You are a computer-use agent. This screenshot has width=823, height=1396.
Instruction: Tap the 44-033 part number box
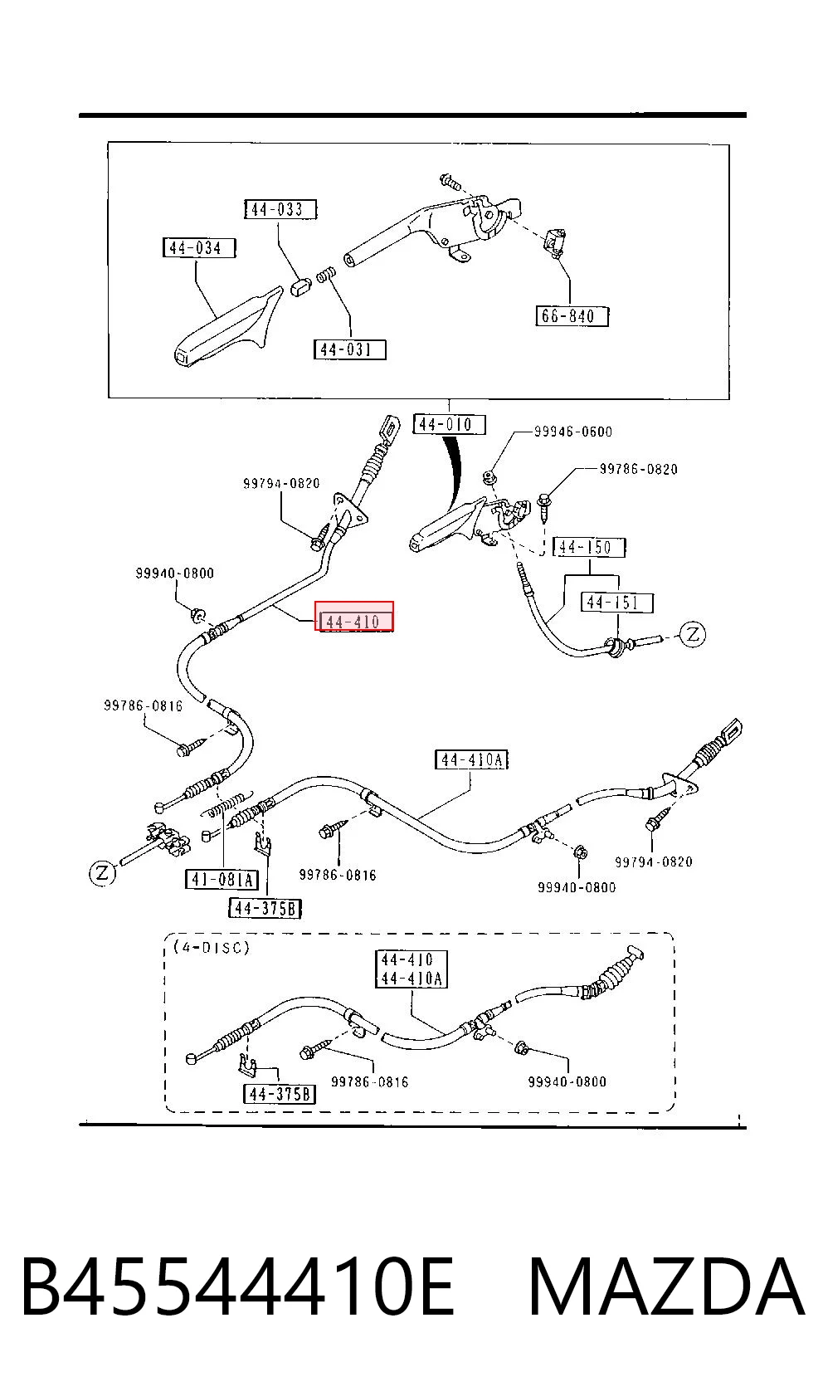(x=280, y=209)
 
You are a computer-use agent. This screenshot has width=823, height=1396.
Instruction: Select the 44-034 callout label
(x=199, y=248)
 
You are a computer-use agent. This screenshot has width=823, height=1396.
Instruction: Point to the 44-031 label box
(x=349, y=349)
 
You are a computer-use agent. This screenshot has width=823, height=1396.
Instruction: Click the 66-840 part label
(x=572, y=316)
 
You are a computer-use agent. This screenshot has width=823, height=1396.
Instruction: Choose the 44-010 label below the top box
(x=449, y=424)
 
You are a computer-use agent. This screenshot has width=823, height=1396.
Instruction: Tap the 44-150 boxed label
(x=589, y=547)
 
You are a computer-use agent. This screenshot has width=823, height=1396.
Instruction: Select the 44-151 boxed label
(x=616, y=603)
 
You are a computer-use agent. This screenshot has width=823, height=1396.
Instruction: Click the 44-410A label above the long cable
(x=471, y=759)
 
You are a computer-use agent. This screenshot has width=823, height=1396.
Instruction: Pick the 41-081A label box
(x=222, y=880)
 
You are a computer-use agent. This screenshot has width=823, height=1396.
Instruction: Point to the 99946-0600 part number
(x=573, y=432)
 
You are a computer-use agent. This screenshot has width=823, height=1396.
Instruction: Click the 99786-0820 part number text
(x=639, y=469)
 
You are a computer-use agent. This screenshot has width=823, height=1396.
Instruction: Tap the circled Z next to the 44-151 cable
(x=693, y=635)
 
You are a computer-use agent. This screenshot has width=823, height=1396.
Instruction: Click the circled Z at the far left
(x=103, y=872)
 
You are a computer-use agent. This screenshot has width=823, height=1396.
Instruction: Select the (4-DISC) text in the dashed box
(x=212, y=947)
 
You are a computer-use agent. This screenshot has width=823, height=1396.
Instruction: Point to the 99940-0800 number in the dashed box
(x=567, y=1082)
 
